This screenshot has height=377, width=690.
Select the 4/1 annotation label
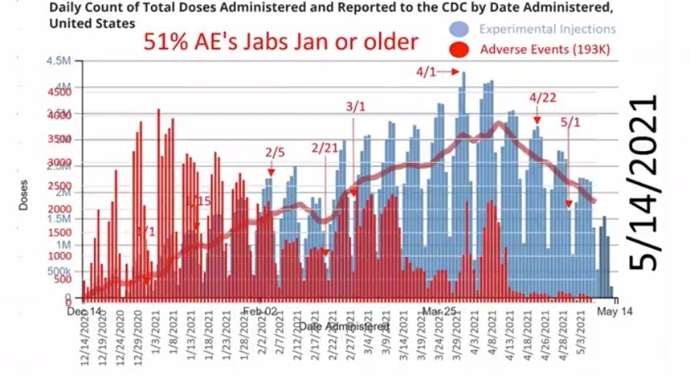tap(426, 72)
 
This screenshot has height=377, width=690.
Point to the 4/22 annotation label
tap(542, 98)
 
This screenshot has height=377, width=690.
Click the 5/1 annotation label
tap(570, 123)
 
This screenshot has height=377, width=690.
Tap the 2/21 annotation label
tap(325, 148)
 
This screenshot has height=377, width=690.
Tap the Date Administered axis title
tap(345, 326)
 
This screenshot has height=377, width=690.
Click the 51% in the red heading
tap(163, 42)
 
